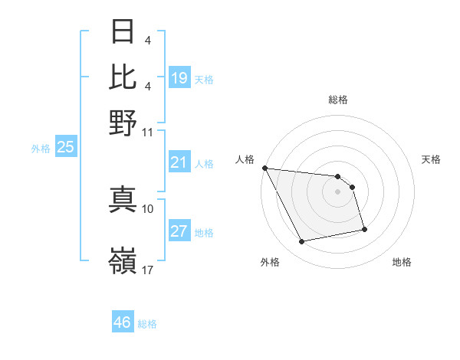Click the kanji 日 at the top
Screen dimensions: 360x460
tap(123, 33)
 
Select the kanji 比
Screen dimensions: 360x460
tap(123, 77)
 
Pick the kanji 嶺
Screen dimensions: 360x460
tap(123, 263)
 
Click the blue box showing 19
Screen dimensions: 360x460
tap(179, 77)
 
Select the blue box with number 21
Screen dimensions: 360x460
tap(179, 162)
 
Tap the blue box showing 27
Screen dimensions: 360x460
tap(179, 231)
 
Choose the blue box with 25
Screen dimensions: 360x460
tap(66, 147)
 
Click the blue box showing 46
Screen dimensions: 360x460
tap(123, 322)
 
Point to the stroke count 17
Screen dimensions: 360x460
tap(148, 270)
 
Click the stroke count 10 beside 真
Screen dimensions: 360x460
tap(148, 208)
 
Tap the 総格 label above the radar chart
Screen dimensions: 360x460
tap(338, 100)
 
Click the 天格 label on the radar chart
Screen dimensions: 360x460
tap(431, 159)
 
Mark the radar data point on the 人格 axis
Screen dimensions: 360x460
tap(264, 168)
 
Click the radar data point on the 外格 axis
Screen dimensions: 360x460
tap(302, 242)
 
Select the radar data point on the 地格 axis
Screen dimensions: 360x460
tap(364, 229)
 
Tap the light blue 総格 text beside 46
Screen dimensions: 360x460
tap(148, 324)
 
